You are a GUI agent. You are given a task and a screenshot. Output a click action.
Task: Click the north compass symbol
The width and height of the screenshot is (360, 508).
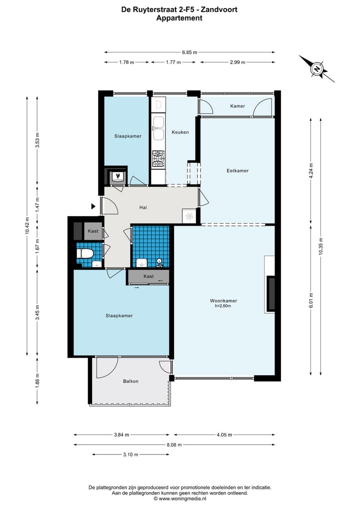pos(316,68)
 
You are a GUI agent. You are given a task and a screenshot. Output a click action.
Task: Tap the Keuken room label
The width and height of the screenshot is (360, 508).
pos(180,132)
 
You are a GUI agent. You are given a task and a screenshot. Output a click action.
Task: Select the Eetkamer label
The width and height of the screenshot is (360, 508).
pos(237,171)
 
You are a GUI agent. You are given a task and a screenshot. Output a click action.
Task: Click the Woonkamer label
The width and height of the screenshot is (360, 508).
pos(223,301)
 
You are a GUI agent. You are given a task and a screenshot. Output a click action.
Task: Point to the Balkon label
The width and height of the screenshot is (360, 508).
pos(130,381)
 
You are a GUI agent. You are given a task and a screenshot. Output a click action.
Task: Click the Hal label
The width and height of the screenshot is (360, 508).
pos(143,207)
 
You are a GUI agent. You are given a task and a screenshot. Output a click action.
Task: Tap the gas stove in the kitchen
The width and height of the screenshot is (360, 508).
pos(158,159)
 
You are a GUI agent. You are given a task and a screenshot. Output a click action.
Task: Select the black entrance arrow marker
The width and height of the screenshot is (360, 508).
pos(93,206)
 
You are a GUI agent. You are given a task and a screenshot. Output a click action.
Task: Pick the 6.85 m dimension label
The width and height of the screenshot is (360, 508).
pos(189,52)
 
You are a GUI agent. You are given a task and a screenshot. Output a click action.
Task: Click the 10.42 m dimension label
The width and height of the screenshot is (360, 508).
pos(27,226)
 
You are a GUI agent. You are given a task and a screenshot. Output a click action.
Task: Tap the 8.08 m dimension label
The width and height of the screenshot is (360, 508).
pos(174,445)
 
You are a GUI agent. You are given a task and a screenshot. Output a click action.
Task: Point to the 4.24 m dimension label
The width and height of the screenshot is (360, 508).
pos(311,171)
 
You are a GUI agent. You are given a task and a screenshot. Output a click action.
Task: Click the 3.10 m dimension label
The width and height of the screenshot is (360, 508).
pos(130,455)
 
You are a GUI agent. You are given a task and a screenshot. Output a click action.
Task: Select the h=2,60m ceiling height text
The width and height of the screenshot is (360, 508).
pos(223,306)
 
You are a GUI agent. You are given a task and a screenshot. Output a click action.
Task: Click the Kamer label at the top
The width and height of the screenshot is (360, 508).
pos(237,106)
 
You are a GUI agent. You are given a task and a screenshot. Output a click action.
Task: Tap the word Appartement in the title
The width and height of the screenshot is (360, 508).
pos(179,18)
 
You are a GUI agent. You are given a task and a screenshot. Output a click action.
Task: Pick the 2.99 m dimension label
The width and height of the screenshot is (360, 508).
pos(237,62)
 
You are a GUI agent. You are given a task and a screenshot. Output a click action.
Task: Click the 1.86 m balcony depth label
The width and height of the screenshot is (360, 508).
pos(37,381)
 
